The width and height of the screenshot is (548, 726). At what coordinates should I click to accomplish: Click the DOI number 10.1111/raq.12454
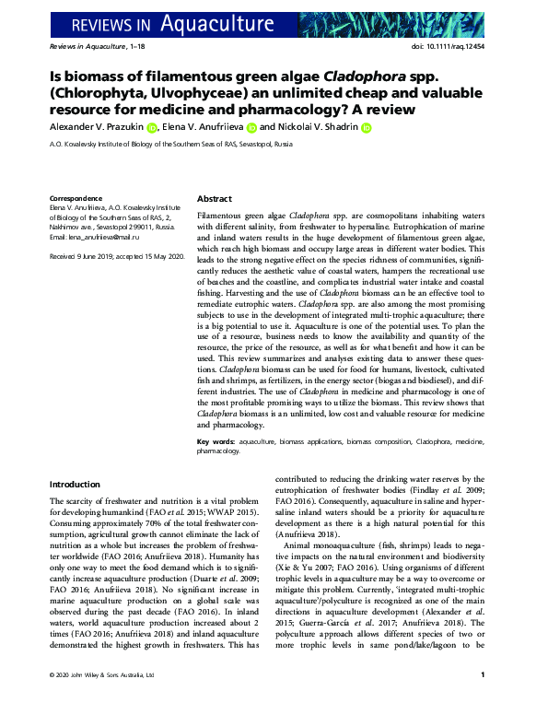[462, 45]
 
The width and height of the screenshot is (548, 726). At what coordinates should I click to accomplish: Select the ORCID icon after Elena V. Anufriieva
[251, 129]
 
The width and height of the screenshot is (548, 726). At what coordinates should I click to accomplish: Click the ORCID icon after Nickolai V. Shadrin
[366, 129]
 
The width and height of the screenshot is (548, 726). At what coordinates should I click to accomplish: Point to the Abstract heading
[215, 199]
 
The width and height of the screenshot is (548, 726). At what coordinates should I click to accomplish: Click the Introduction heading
[76, 484]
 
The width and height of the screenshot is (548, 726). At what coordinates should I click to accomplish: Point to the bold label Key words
[216, 443]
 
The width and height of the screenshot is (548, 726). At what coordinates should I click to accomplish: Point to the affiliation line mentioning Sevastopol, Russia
[170, 145]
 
